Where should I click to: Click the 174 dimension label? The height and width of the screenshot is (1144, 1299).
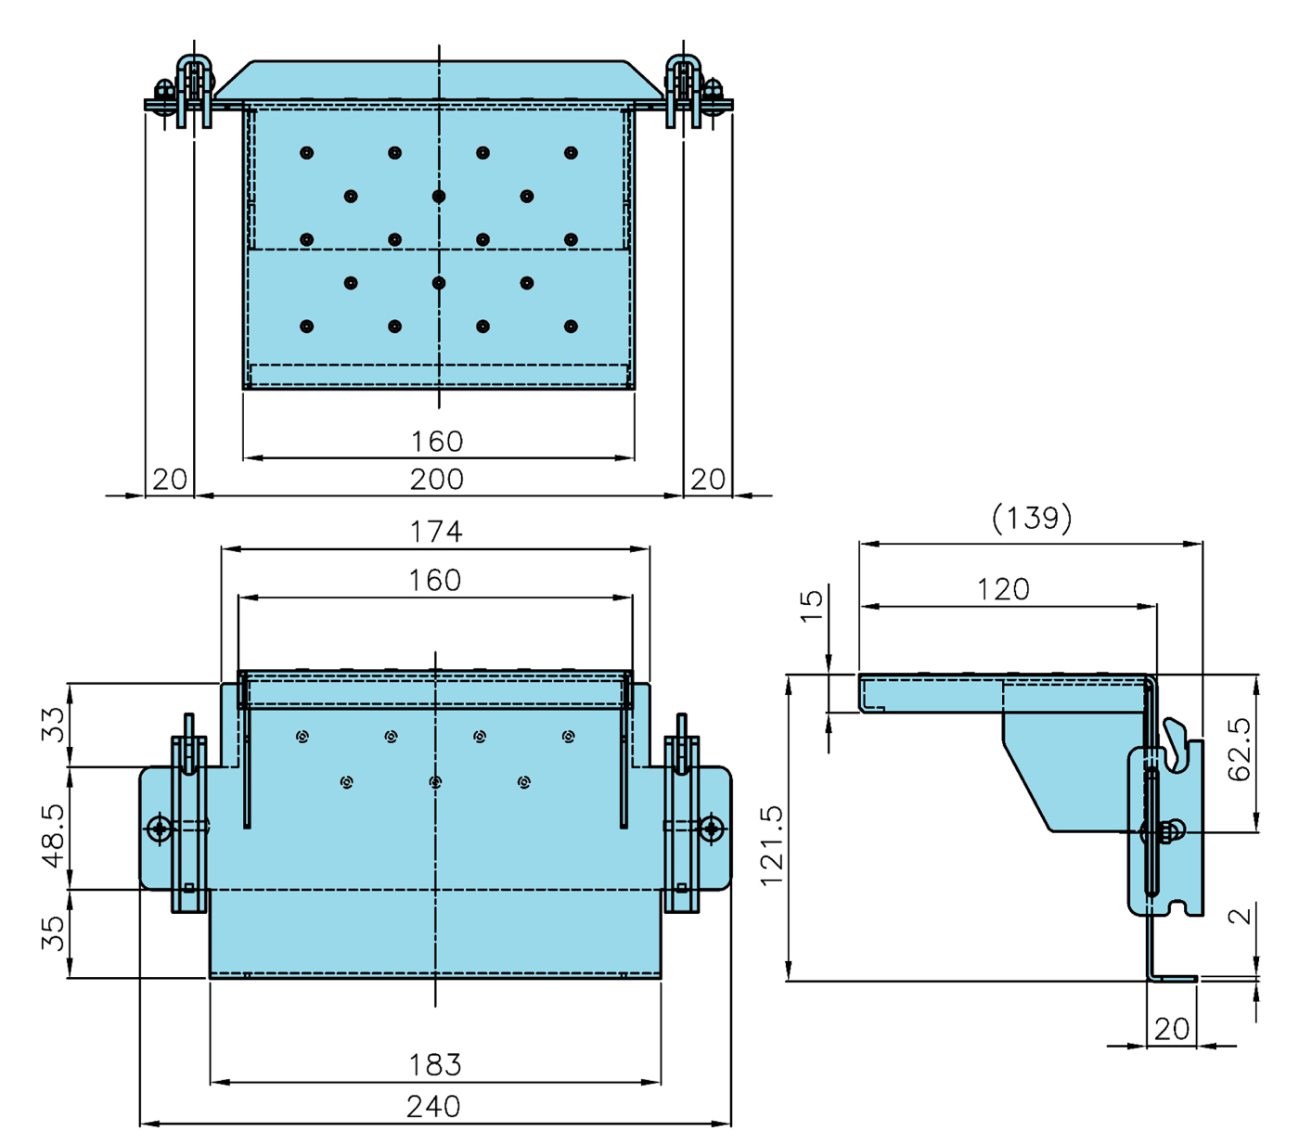pos(436,532)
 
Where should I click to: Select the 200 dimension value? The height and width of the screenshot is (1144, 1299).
pos(437,479)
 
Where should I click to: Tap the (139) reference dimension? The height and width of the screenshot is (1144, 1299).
pos(1032,518)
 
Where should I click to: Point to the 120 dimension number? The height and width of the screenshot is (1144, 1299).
pos(1003,589)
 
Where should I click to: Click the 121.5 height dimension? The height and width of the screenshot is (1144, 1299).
pos(772,846)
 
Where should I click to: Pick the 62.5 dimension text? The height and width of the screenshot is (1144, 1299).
pos(1240,749)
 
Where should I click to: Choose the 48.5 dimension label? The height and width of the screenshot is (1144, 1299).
pos(53,836)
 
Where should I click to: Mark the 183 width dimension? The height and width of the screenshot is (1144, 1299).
pos(435,1064)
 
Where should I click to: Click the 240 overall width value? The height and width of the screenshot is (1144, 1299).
pos(433,1107)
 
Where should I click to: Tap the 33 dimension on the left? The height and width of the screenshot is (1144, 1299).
pos(53,725)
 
